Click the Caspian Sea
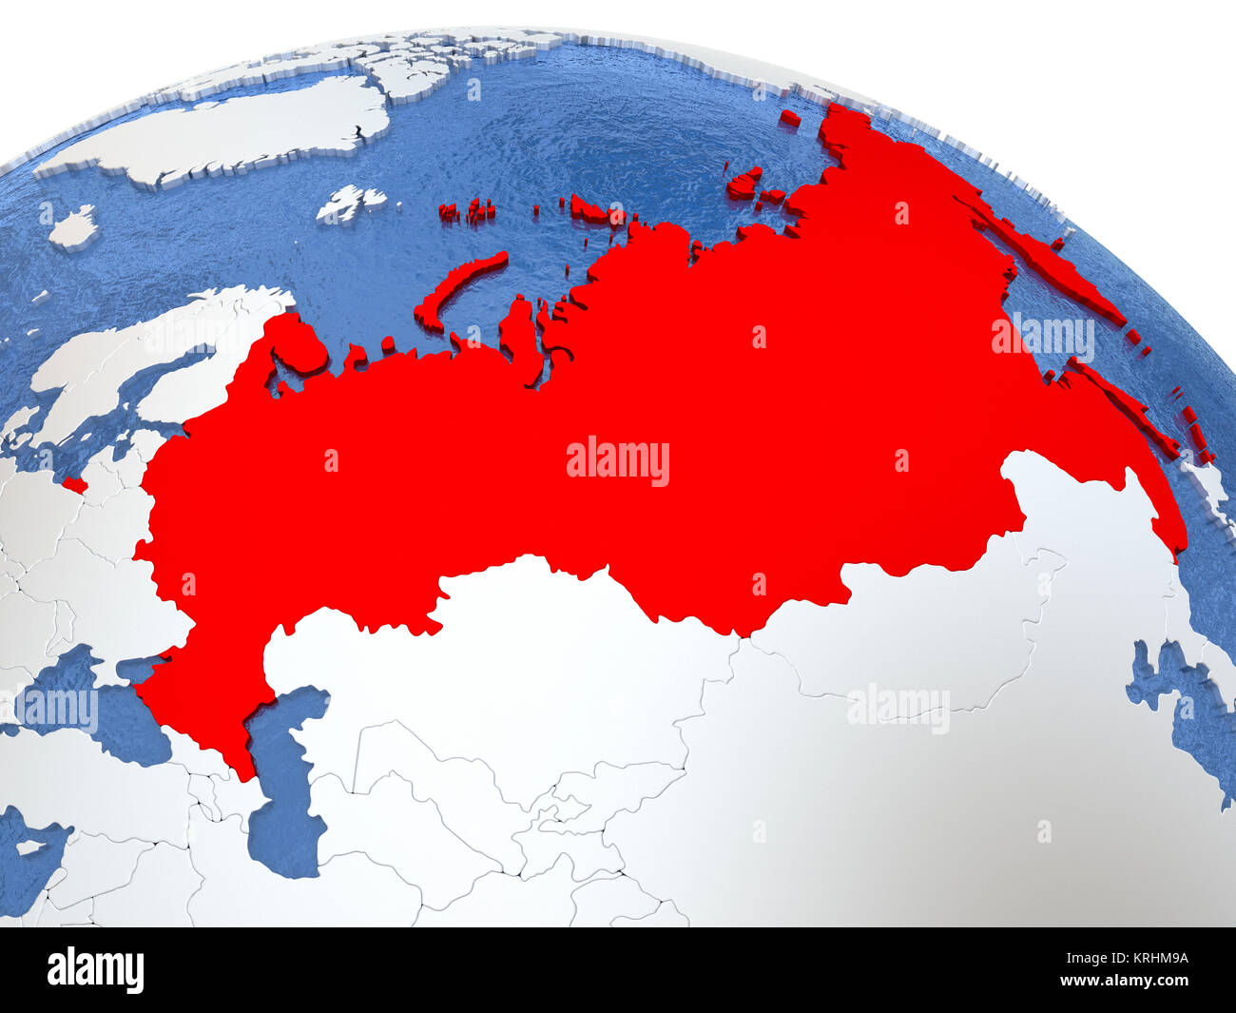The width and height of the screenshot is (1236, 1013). (285, 808)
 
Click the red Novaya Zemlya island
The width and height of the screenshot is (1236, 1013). (456, 285)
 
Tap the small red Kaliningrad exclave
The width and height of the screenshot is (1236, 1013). (75, 486)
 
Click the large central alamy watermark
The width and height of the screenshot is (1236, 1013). (618, 460)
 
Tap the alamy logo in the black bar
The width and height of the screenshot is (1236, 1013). (95, 970)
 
